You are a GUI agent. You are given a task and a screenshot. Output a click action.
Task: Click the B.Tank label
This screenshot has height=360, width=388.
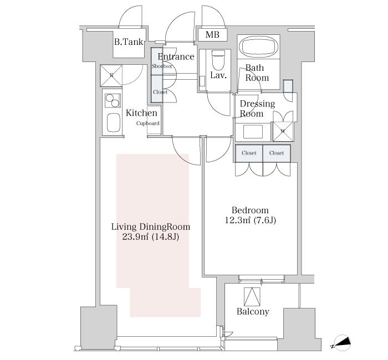tap(129, 42)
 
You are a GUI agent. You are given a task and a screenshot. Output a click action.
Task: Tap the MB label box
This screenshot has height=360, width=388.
tap(212, 34)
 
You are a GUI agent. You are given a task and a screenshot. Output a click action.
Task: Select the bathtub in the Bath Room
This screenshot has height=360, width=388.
tap(258, 47)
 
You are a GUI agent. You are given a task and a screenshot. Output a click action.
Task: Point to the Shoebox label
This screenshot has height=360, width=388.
tap(162, 66)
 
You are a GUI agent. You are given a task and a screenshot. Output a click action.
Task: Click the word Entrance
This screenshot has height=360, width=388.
tap(176, 56)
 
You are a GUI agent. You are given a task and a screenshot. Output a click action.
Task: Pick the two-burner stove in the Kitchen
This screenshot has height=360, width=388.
tap(113, 100)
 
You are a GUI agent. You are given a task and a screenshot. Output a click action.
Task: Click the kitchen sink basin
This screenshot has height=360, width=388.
tap(114, 122)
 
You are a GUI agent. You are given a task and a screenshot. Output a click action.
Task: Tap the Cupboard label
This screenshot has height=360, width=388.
tap(148, 123)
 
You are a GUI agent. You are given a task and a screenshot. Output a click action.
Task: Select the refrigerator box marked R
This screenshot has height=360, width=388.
tap(111, 76)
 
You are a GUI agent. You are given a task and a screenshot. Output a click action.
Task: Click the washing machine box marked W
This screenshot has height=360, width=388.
tap(283, 132)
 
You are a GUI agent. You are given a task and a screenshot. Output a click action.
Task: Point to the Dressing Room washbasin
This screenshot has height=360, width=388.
tap(253, 132)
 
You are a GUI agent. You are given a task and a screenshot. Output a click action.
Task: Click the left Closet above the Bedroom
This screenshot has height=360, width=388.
tap(249, 153)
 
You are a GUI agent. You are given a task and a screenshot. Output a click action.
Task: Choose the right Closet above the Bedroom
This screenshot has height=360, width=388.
tap(277, 153)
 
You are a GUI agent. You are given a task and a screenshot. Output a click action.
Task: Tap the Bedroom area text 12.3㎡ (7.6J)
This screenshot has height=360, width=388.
tap(250, 220)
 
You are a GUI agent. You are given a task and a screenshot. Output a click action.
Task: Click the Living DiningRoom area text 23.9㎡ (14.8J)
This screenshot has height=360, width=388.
tap(151, 237)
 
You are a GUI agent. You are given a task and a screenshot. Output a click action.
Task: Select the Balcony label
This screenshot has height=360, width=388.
tap(253, 311)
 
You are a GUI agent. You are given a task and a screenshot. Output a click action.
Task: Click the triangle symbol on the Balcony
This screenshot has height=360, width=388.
tap(252, 297)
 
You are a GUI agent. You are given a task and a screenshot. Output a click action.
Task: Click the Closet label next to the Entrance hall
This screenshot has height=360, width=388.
tap(160, 92)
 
